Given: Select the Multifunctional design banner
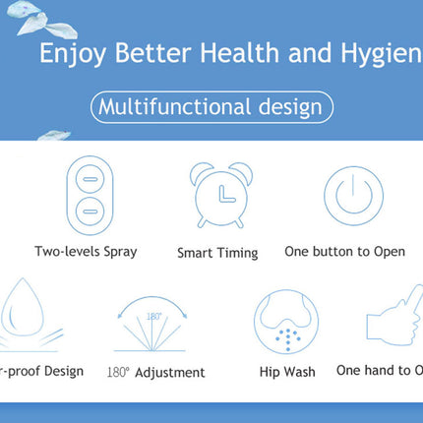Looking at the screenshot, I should [x=211, y=105].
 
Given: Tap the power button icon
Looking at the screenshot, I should [x=345, y=194].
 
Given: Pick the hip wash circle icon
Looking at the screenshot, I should [x=286, y=324].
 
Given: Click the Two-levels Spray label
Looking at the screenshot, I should [x=87, y=251].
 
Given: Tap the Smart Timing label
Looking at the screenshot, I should [x=217, y=253].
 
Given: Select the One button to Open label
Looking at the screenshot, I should [x=344, y=251].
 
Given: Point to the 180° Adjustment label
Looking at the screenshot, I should [x=156, y=373].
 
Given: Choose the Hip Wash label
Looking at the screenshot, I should [x=287, y=372].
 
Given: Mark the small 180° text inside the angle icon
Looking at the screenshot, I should [x=154, y=316].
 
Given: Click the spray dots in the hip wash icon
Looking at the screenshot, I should [x=286, y=337].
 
